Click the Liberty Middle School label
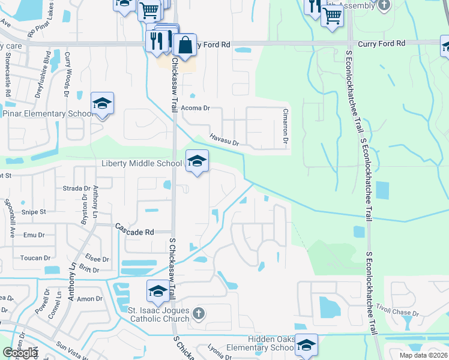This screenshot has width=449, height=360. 142,163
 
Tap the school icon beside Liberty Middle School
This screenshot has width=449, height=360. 196,161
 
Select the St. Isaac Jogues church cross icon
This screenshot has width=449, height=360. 199,313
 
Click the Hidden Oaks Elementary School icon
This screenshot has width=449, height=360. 306,345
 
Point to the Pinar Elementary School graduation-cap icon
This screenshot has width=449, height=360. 102,104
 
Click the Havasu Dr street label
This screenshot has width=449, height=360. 224,140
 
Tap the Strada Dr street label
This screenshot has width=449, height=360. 76,188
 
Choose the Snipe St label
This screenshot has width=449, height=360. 34,212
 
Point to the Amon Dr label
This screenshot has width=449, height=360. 89,299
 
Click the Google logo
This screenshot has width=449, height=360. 20,353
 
